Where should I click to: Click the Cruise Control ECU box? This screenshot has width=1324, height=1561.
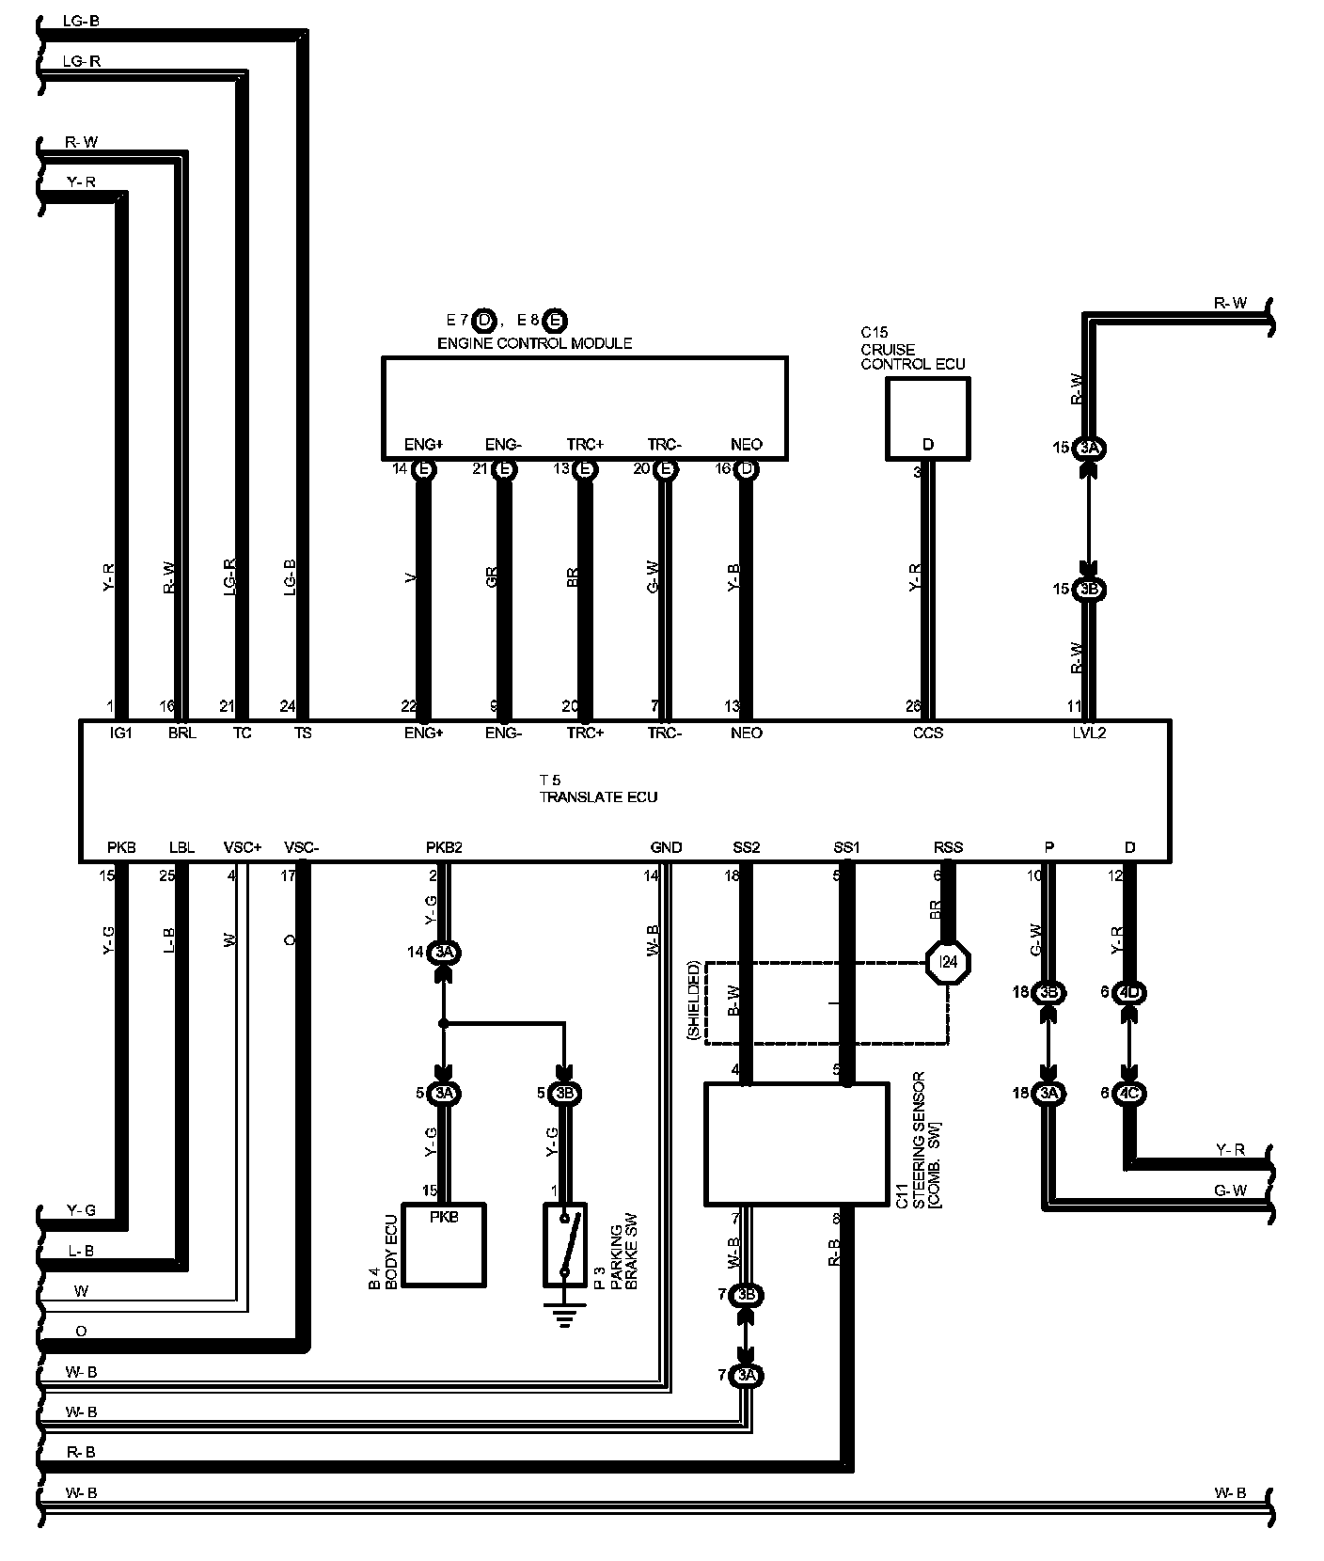pyautogui.click(x=927, y=418)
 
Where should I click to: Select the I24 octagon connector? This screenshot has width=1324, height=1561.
pyautogui.click(x=947, y=962)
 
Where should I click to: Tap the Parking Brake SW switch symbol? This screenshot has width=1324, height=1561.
pyautogui.click(x=564, y=1245)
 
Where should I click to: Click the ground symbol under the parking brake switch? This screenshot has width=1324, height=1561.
pyautogui.click(x=564, y=1317)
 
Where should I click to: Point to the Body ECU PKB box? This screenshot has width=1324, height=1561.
pyautogui.click(x=444, y=1245)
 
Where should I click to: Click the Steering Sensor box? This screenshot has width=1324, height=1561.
pyautogui.click(x=796, y=1143)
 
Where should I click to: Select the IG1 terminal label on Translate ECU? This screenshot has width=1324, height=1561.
pyautogui.click(x=121, y=733)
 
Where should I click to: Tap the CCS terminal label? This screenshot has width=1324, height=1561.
pyautogui.click(x=927, y=733)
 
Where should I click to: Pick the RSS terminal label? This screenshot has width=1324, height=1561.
pyautogui.click(x=948, y=847)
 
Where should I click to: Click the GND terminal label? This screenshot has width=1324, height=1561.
pyautogui.click(x=666, y=847)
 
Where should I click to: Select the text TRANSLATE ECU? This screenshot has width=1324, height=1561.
pyautogui.click(x=598, y=797)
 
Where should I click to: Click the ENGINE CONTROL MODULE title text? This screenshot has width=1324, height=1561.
pyautogui.click(x=534, y=343)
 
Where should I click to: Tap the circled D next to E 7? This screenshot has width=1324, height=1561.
pyautogui.click(x=484, y=321)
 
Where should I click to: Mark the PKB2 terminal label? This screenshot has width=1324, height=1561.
pyautogui.click(x=444, y=847)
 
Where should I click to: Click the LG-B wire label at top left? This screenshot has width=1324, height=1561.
pyautogui.click(x=81, y=20)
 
